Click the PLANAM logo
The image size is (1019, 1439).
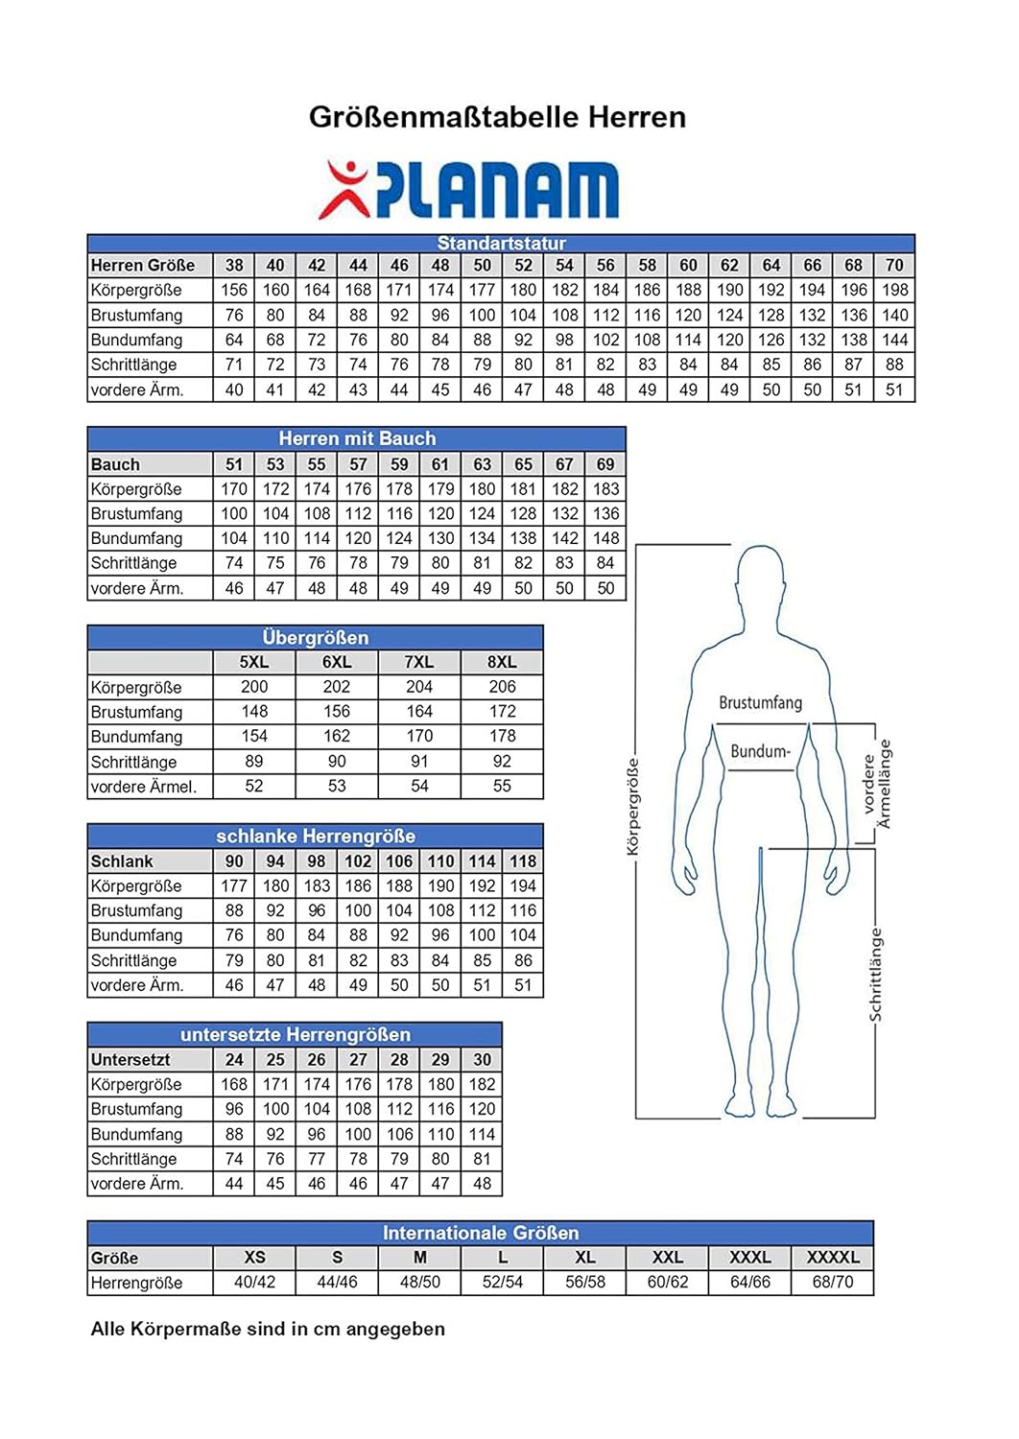tap(469, 189)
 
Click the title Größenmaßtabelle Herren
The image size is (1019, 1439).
tap(497, 117)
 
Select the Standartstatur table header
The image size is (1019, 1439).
tap(501, 244)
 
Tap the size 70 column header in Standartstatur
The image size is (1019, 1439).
tap(894, 266)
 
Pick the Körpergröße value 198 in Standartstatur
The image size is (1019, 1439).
tap(894, 290)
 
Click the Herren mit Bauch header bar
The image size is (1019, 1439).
tap(357, 438)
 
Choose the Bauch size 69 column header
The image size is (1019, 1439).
tap(605, 464)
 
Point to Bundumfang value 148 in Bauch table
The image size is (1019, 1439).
tap(605, 538)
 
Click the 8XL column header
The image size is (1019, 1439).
tap(502, 662)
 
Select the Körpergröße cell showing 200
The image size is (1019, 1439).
tap(254, 687)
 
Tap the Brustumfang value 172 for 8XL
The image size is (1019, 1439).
tap(502, 712)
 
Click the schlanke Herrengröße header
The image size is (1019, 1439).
tap(315, 836)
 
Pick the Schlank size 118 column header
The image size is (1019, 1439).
tap(523, 861)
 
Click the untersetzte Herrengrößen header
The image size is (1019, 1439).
tap(295, 1034)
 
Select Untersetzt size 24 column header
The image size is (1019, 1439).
tap(234, 1060)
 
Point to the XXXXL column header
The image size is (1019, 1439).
tap(833, 1258)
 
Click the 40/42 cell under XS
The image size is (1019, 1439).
tap(254, 1283)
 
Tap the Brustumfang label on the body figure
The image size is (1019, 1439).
tap(760, 703)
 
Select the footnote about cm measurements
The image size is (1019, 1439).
tap(268, 1330)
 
